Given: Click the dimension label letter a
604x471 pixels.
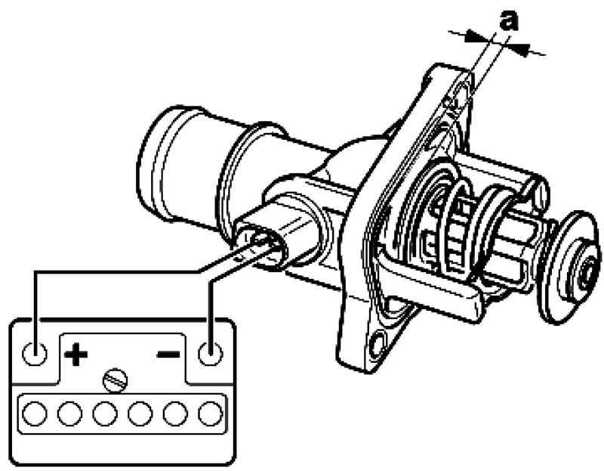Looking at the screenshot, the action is tap(509, 20).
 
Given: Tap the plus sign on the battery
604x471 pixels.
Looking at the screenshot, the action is tap(76, 353).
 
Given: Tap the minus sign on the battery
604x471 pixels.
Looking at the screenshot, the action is tap(168, 354).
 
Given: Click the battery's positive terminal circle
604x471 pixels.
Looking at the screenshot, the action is tap(35, 353).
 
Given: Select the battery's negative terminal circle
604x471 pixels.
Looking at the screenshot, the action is tap(211, 353).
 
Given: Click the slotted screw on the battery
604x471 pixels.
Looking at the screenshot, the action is tap(116, 381).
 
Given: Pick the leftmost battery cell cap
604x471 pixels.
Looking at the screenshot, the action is tap(35, 414).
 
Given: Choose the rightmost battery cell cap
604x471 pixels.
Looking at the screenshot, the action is tap(211, 414).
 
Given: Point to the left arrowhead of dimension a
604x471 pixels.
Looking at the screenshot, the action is tap(475, 37).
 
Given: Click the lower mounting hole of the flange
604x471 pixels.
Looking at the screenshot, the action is tap(377, 342).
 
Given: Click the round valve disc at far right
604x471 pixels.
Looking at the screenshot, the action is tap(570, 267).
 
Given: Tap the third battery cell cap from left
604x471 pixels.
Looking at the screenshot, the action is tap(105, 414).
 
